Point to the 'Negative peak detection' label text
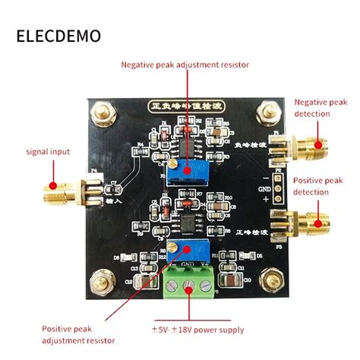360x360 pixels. point(322,108)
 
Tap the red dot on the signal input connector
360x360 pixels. point(53,185)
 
